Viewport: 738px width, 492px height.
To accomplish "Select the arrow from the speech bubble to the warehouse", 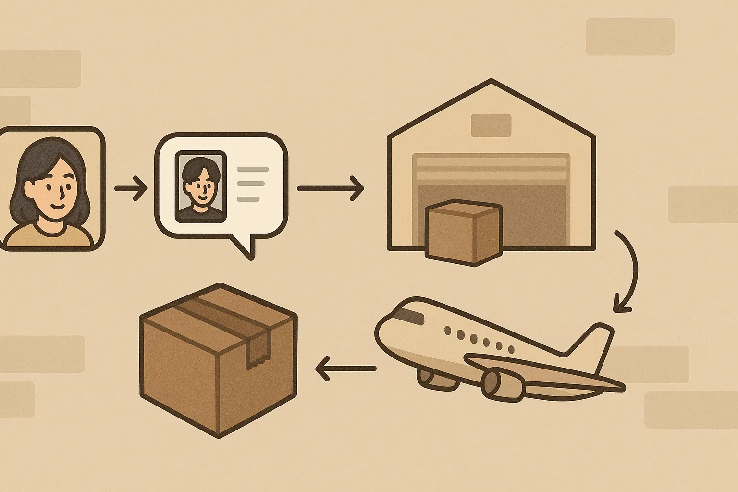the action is pos(331,188).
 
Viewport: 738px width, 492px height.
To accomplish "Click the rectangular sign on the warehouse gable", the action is pos(491,125).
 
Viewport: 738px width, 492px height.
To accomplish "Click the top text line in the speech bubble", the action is pos(253,169).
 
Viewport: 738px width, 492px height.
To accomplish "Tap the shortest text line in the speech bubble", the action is pos(248,199).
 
